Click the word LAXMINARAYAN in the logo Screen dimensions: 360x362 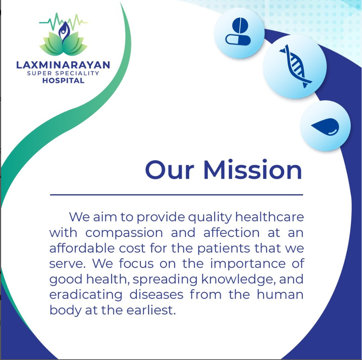(63, 65)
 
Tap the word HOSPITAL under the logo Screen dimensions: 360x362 (63, 80)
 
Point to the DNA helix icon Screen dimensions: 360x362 (295, 66)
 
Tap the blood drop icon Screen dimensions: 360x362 (325, 126)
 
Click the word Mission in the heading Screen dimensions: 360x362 (253, 170)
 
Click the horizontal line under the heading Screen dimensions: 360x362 (176, 195)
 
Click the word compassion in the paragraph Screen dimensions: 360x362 (124, 233)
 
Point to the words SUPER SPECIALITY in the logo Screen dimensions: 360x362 (63, 73)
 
